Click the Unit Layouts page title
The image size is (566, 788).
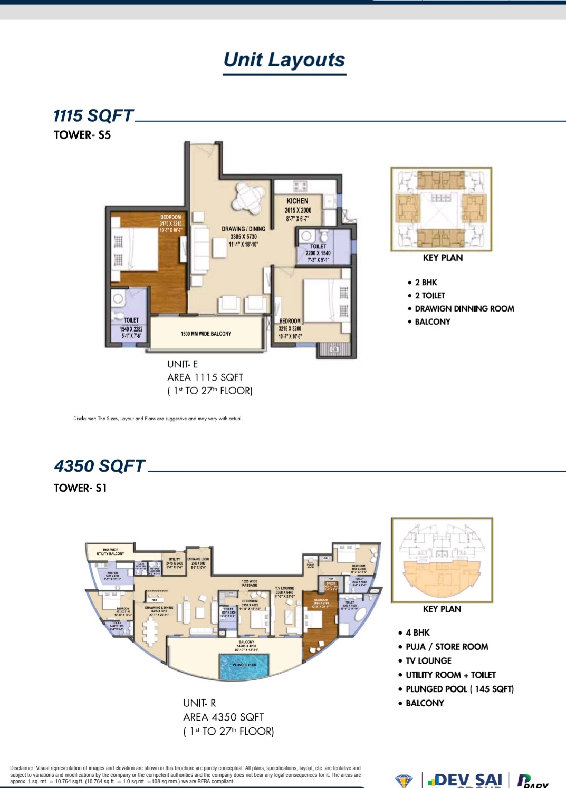tap(284, 60)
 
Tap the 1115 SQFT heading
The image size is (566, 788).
tap(93, 115)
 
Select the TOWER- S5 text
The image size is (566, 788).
tap(82, 135)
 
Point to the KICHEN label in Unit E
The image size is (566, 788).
tap(298, 201)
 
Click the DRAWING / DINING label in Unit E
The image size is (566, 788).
tap(243, 229)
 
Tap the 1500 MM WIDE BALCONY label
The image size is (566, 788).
tap(206, 334)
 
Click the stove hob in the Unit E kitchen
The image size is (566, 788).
tap(300, 186)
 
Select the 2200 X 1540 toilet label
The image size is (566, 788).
tap(318, 253)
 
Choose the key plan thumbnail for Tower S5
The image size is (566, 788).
tap(442, 209)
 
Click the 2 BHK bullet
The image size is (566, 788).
tap(425, 283)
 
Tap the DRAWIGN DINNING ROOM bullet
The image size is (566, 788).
tap(464, 309)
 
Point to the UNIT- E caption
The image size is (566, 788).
tap(183, 364)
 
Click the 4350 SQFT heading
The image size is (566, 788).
tap(100, 466)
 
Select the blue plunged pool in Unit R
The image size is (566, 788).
tap(244, 666)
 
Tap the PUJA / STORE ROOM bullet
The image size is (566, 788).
tap(446, 647)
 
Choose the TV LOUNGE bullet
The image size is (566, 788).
tap(428, 661)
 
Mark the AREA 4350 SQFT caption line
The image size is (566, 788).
tap(223, 717)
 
